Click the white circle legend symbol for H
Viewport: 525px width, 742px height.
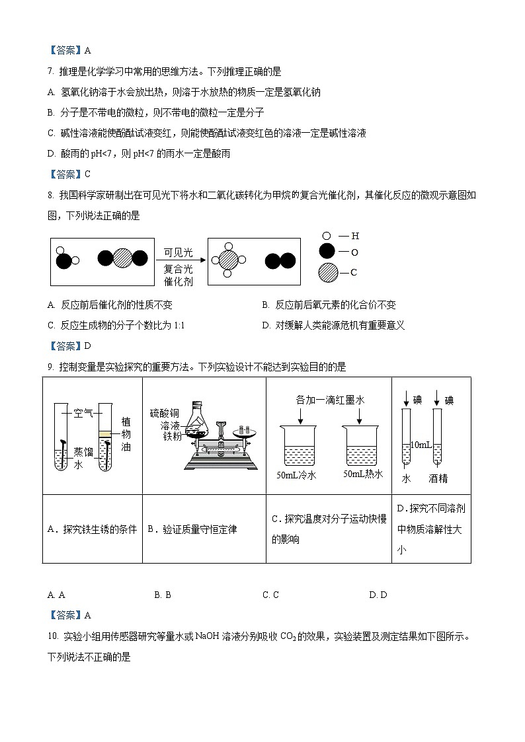coord(326,236)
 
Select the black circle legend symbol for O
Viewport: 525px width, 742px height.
coord(327,252)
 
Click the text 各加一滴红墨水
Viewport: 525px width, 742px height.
coord(330,400)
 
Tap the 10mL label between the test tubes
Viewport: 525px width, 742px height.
coord(421,445)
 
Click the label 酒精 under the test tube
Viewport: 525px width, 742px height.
coord(438,479)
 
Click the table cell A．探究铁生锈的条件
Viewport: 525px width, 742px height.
coord(93,529)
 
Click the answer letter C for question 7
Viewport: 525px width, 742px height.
coord(87,174)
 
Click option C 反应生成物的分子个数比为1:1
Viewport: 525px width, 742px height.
coord(115,325)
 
